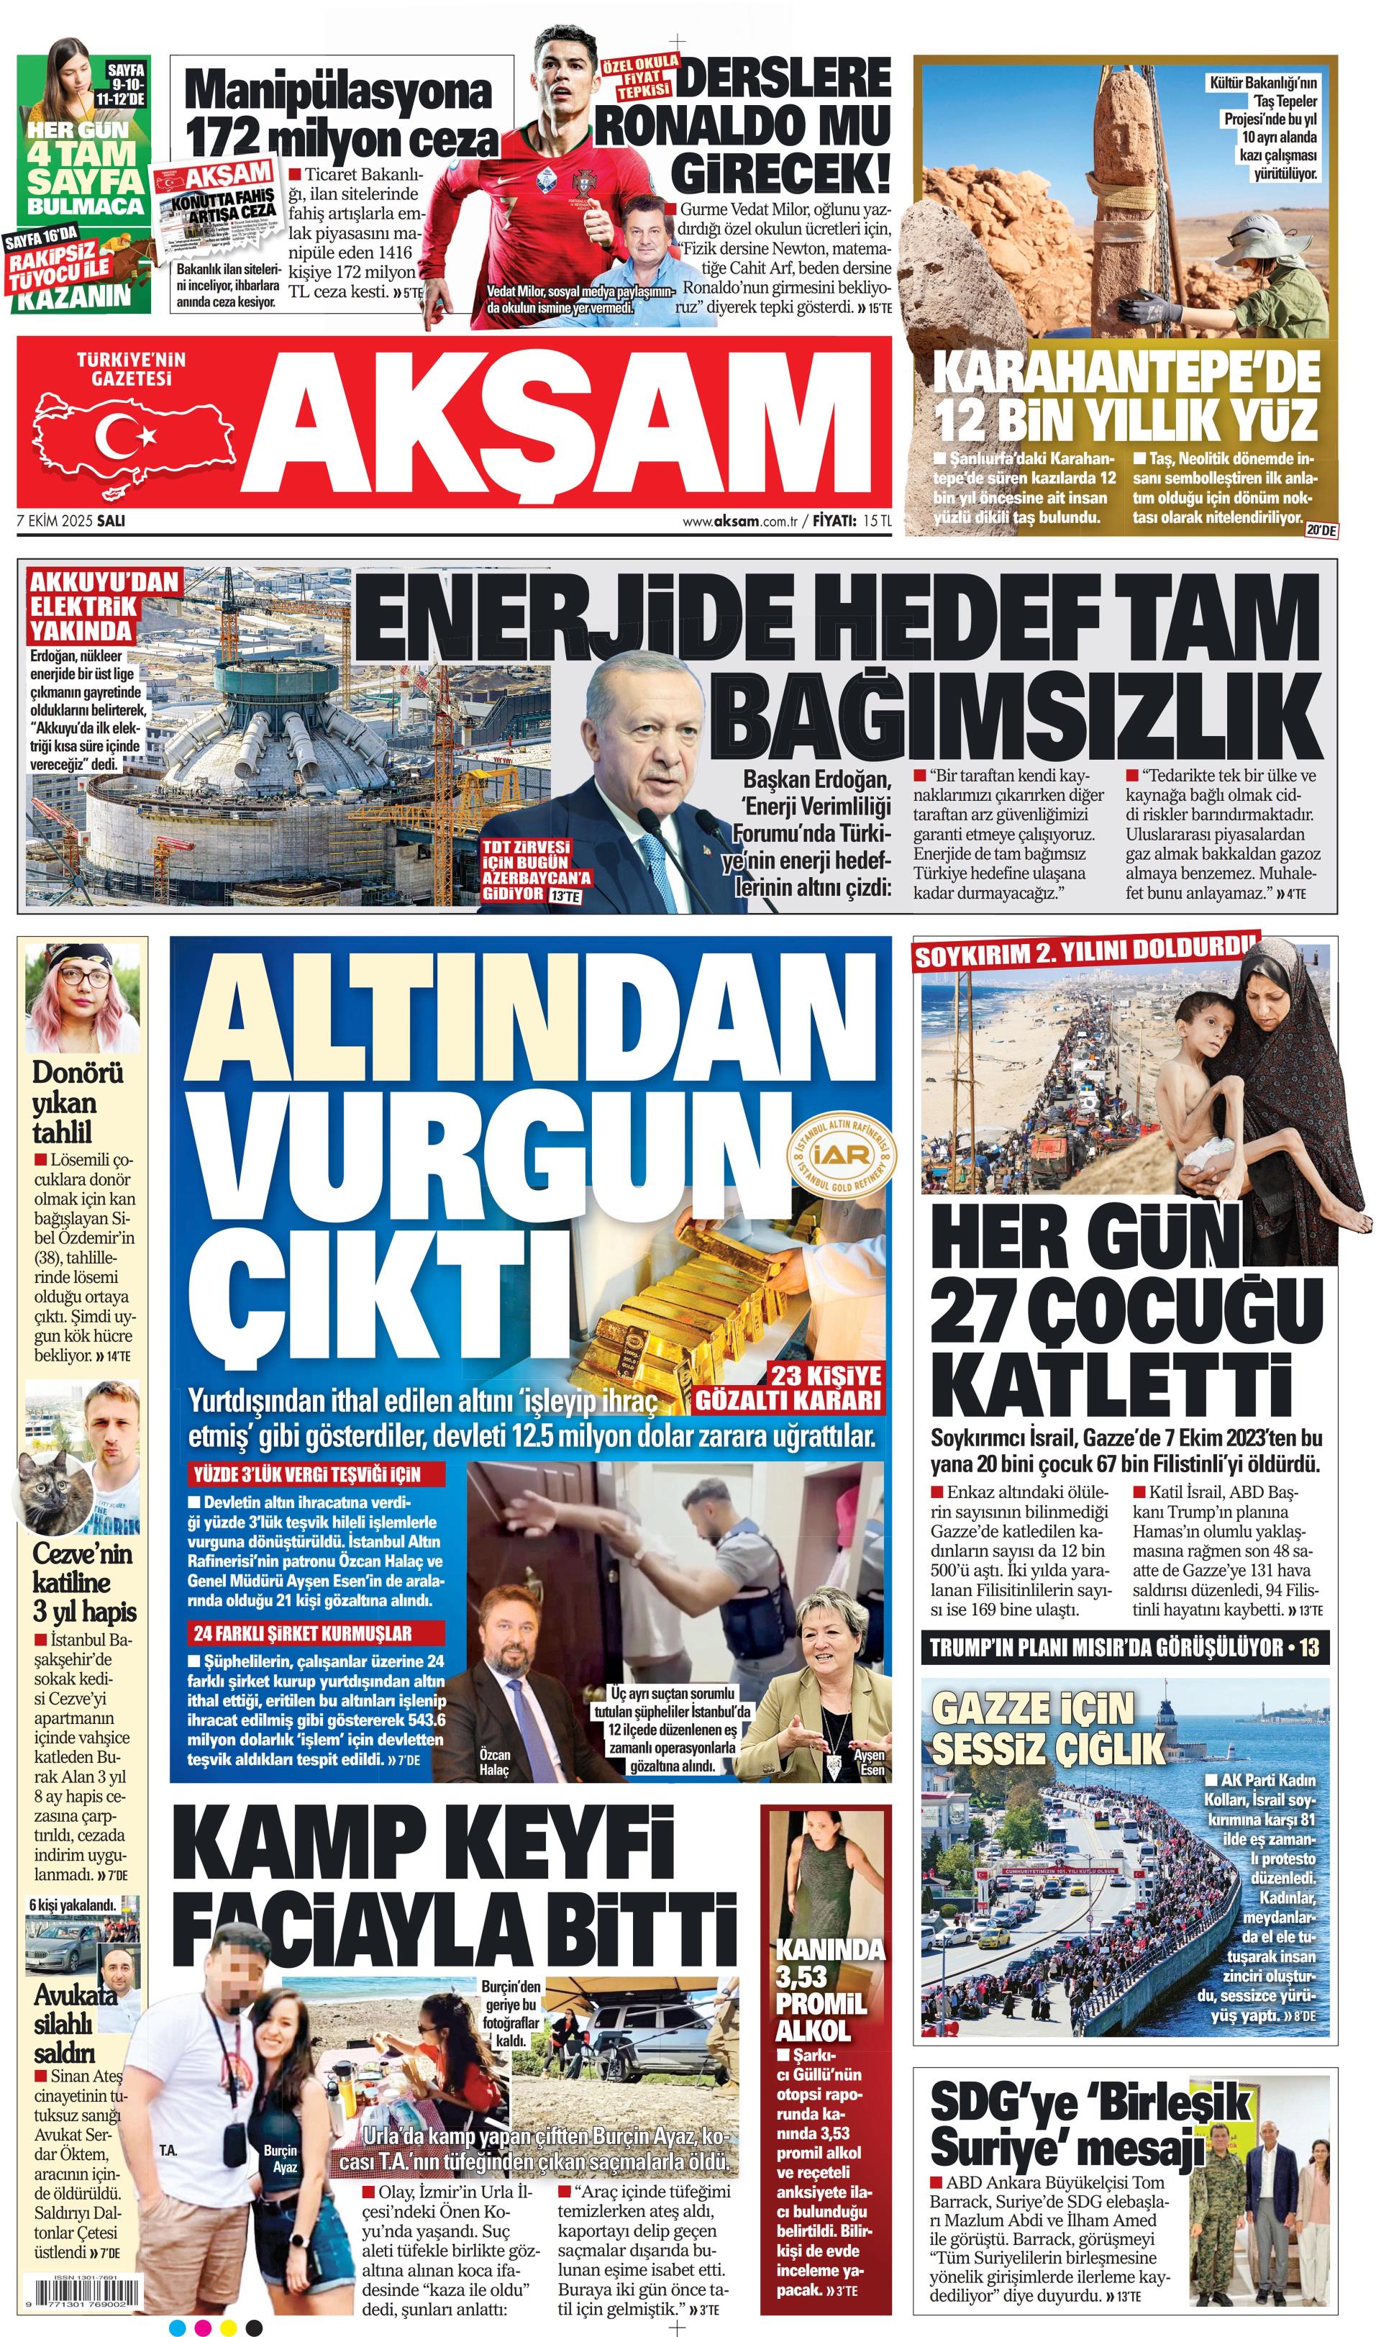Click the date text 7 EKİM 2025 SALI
[71, 520]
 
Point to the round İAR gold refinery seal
[842, 1155]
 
